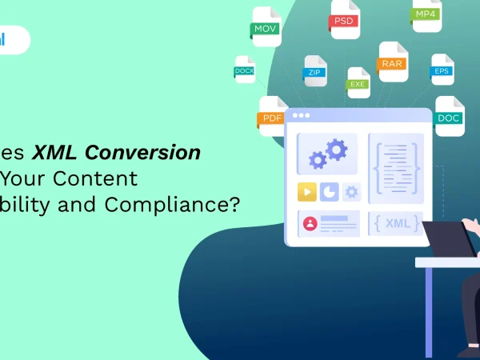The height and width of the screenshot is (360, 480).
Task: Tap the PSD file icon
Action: [x=344, y=19]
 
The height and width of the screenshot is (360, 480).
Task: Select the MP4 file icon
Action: [x=426, y=14]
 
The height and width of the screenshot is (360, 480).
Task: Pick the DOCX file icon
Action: [x=244, y=70]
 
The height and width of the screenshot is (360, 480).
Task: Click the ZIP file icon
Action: [x=315, y=70]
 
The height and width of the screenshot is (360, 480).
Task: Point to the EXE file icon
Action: [x=358, y=80]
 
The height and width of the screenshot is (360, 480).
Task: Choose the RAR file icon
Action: [x=393, y=62]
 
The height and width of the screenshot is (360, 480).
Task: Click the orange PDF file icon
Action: [x=273, y=116]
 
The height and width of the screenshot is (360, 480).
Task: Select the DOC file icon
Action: [x=449, y=116]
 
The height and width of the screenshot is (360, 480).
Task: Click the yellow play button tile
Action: [x=306, y=192]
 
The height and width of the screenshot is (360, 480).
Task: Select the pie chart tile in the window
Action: [x=329, y=192]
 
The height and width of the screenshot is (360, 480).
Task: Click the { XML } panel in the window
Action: [x=395, y=223]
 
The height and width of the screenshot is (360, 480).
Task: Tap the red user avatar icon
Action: [x=310, y=223]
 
